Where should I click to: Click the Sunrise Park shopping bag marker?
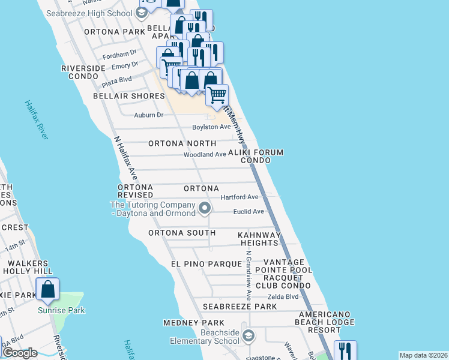click(x=48, y=289)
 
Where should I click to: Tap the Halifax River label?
click(x=36, y=120)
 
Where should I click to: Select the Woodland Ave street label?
click(x=205, y=154)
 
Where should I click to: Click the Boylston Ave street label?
click(x=211, y=127)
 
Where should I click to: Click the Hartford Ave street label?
click(x=239, y=197)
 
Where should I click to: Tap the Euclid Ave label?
click(x=249, y=211)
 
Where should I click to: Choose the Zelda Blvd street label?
click(x=283, y=296)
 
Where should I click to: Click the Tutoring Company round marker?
click(x=205, y=209)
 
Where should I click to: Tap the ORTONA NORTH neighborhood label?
click(x=182, y=143)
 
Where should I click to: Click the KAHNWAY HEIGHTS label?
click(x=259, y=239)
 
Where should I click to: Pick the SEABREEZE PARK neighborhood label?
click(x=240, y=307)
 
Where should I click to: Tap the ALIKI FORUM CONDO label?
click(x=262, y=156)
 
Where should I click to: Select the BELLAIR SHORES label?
click(x=120, y=96)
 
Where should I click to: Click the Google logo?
click(x=20, y=353)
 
